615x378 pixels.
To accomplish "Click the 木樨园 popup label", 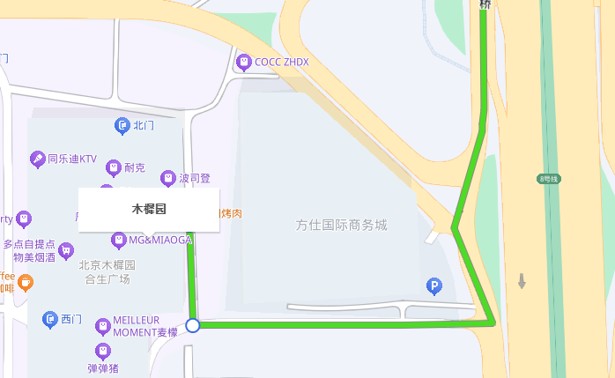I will click(x=149, y=210).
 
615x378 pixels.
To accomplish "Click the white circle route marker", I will click(x=194, y=325).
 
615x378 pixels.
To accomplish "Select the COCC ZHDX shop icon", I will click(x=244, y=62).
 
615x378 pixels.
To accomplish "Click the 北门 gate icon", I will click(x=122, y=126).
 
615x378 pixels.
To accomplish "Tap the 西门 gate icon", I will click(x=50, y=319).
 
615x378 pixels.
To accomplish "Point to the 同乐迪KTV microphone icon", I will click(x=38, y=159).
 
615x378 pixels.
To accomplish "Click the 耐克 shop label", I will click(x=134, y=167).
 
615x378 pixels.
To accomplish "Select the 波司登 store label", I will click(x=195, y=178).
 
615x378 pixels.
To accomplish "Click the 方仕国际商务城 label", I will click(x=341, y=225).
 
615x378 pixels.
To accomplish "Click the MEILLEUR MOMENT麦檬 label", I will click(x=144, y=326).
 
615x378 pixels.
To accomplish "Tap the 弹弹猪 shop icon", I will click(x=103, y=352).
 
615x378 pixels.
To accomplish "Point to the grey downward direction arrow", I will click(x=522, y=282).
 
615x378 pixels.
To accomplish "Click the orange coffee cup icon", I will click(x=26, y=283).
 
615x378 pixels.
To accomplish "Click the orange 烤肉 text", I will click(x=231, y=214).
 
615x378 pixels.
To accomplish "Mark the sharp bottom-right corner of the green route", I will click(x=492, y=323).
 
